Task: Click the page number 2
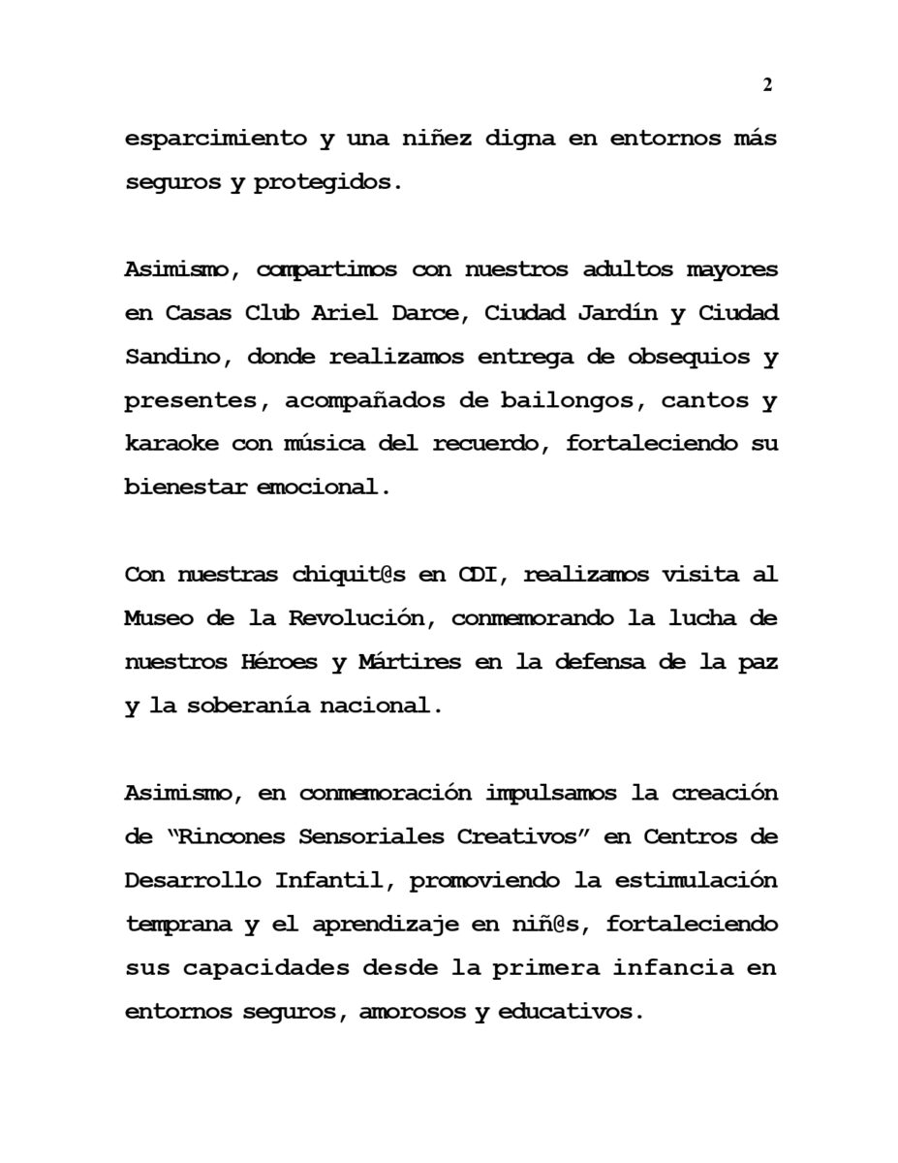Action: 767,85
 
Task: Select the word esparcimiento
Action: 215,139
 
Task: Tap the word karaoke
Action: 172,444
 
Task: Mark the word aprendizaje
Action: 378,924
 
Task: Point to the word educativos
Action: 570,1012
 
